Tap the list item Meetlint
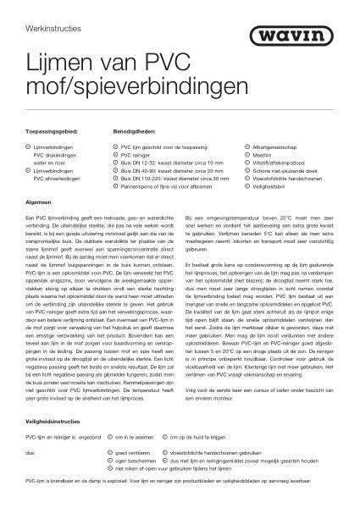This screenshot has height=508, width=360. point(264,155)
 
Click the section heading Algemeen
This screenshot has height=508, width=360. point(42,204)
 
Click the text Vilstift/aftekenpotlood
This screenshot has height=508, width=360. point(282,163)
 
